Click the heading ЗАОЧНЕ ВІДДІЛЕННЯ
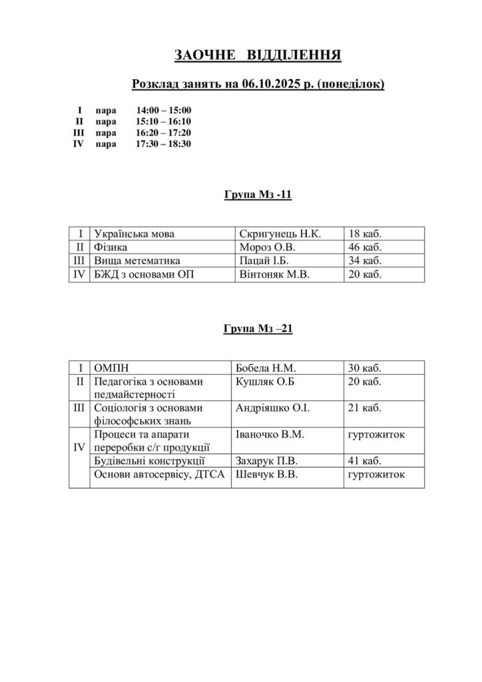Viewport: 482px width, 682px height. pos(258,55)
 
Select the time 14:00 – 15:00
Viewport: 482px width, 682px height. pos(164,111)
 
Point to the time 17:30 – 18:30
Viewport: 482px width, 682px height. pos(164,143)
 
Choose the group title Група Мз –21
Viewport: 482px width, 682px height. pos(257,329)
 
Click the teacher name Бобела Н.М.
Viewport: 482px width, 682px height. pos(266,368)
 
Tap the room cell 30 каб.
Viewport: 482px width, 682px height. pos(364,368)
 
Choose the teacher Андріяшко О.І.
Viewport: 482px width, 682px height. pos(273,408)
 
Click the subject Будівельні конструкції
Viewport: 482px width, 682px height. pos(150,460)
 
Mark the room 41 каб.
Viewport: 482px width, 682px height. pos(364,460)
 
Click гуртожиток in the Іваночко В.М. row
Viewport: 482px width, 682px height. pos(376,434)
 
